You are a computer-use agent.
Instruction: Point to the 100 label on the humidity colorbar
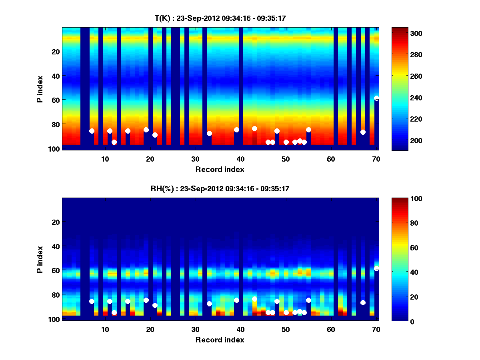(402, 199)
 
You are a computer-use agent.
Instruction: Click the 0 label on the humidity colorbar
(399, 321)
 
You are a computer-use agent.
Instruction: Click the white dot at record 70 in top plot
(376, 98)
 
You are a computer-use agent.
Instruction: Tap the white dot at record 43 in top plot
(254, 128)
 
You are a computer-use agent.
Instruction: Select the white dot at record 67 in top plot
(363, 132)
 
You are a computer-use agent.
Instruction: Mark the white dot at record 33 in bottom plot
(209, 304)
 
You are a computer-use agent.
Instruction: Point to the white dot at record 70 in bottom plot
(376, 268)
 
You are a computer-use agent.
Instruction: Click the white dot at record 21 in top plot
(155, 135)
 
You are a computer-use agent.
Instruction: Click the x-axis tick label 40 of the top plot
(240, 158)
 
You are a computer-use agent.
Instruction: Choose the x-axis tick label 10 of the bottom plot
(105, 329)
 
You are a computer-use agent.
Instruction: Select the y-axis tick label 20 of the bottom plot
(56, 222)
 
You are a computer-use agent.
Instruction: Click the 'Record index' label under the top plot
(220, 169)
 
